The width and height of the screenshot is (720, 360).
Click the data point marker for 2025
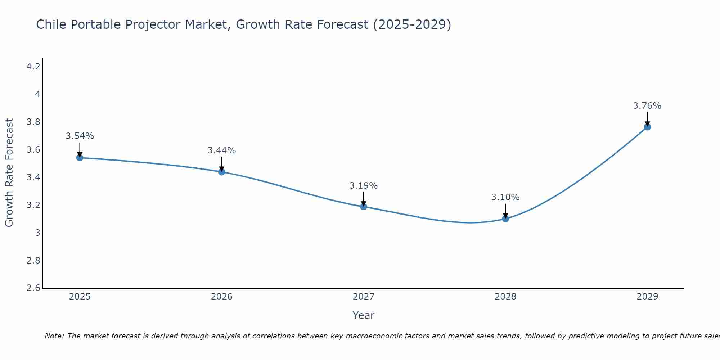[x=80, y=158]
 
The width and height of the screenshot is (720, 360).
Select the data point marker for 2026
[x=221, y=172]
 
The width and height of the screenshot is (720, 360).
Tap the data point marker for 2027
[x=363, y=206]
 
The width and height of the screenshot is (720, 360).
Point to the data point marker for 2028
[x=505, y=219]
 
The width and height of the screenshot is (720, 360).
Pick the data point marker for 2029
[x=647, y=127]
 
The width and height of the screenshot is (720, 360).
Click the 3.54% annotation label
[x=80, y=136]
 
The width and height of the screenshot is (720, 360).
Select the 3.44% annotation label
[x=221, y=150]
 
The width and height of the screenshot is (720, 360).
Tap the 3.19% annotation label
[x=363, y=186]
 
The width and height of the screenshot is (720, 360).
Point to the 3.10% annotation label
[x=505, y=197]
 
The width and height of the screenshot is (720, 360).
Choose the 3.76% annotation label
[x=647, y=106]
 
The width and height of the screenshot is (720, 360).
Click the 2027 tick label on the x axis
[x=363, y=297]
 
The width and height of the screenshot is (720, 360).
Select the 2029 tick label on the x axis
[x=647, y=297]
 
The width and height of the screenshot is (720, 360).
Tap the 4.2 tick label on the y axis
[x=33, y=67]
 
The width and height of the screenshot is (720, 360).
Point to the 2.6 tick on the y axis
[x=33, y=288]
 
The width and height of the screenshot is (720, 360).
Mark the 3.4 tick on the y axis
[x=33, y=177]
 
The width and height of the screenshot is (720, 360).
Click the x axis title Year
[x=363, y=315]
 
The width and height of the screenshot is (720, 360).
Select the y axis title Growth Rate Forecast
[x=9, y=173]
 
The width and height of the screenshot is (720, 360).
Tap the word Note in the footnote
[x=54, y=336]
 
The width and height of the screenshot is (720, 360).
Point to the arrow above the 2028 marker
[x=505, y=211]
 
